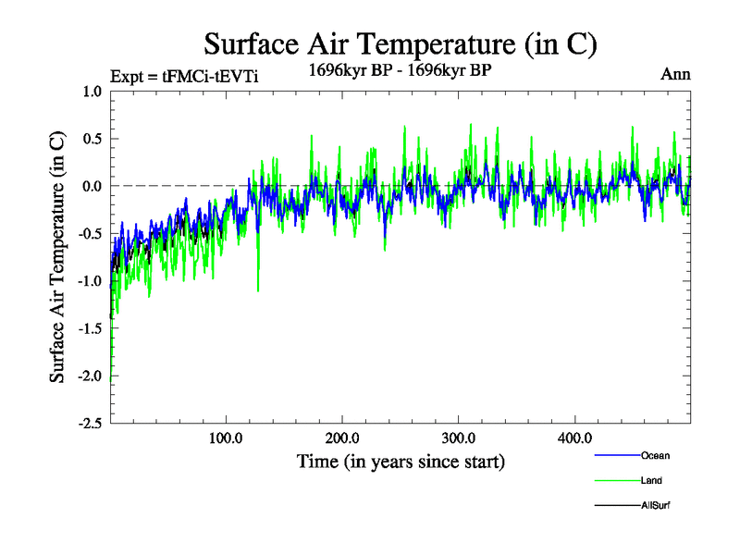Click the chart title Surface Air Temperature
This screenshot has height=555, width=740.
coord(400,43)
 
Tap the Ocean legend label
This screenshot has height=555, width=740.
coord(655,455)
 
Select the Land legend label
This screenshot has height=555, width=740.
coord(651,480)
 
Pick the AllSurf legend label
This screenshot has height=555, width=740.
coord(656,505)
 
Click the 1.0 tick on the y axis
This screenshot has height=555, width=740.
coord(92,91)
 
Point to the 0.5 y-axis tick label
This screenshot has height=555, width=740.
coord(92,139)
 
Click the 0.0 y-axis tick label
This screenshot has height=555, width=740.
coord(92,186)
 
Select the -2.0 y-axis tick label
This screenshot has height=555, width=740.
coord(89,376)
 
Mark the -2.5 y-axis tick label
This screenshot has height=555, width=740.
coord(89,424)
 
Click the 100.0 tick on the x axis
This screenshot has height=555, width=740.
coord(226,438)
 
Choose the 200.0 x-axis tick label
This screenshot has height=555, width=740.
coord(342,438)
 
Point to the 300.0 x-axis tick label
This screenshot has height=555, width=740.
coord(459,438)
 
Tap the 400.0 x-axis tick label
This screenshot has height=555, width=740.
coord(574,438)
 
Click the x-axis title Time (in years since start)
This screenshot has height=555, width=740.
coord(401,461)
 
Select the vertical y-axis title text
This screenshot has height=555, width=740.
coord(57,257)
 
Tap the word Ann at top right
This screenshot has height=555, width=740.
coord(675,74)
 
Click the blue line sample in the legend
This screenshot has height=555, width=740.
coord(616,455)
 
